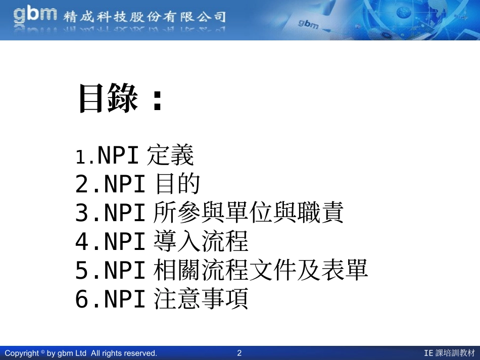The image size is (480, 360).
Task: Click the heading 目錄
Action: pos(108,98)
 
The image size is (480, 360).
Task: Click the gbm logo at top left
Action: pos(35,15)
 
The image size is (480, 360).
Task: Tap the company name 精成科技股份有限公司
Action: pos(145,17)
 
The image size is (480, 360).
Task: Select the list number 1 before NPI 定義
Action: pos(80,158)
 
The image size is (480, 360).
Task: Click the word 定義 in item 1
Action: pos(170,156)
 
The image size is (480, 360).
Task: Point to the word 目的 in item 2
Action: pos(177,184)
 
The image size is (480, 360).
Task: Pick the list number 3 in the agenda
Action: pos(82,214)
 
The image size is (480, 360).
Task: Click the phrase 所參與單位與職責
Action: pos(248,213)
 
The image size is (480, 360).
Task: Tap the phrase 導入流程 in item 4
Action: pos(201,242)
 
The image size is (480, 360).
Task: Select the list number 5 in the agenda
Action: pos(82,271)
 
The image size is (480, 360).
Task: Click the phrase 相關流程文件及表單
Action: pos(260,271)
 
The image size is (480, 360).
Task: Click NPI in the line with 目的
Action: pos(125,185)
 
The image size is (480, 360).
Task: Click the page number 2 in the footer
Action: pos(239,353)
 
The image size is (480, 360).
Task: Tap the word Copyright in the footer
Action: pos(22,353)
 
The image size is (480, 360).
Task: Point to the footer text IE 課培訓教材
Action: pos(450,353)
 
